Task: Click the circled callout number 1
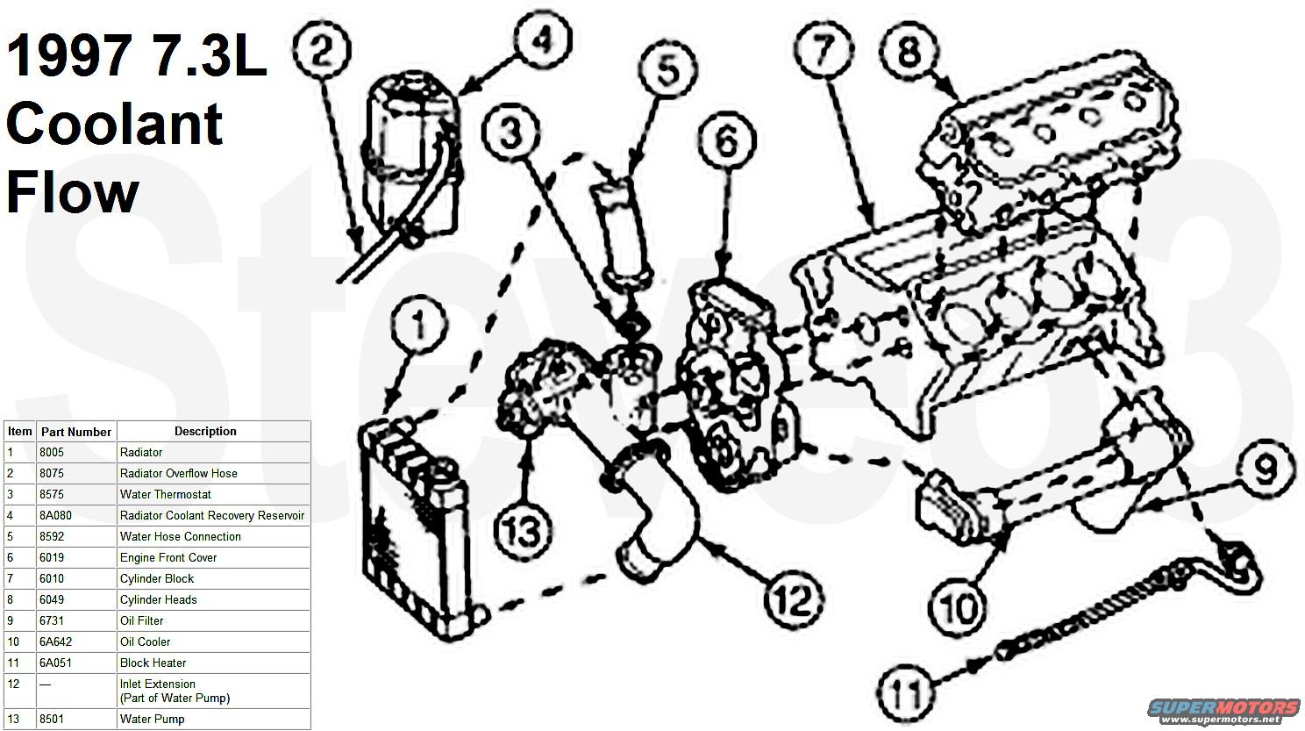(420, 325)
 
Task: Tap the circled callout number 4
(544, 40)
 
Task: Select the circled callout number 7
(822, 51)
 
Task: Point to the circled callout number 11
(905, 692)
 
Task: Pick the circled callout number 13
(524, 529)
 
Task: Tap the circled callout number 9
(1264, 471)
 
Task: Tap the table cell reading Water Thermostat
(166, 494)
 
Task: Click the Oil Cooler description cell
(146, 641)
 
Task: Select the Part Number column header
(76, 432)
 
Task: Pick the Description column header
(205, 431)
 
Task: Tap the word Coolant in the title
(114, 124)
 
